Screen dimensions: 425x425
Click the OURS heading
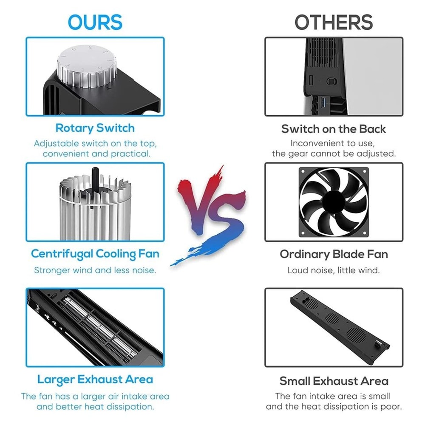(95, 22)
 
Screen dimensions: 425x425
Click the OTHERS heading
(334, 22)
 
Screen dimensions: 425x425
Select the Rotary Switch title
(95, 128)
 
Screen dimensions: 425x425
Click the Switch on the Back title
(333, 129)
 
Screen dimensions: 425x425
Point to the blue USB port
(323, 103)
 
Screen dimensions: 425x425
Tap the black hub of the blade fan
(333, 202)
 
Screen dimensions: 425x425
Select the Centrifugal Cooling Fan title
(95, 254)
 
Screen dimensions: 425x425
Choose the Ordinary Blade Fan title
(334, 254)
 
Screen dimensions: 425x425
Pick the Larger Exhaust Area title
(95, 380)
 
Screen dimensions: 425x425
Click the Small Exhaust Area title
(334, 381)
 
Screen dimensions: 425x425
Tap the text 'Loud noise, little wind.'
(333, 270)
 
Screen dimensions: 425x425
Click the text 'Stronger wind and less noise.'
(95, 270)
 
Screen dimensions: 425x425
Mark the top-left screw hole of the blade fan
(303, 171)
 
